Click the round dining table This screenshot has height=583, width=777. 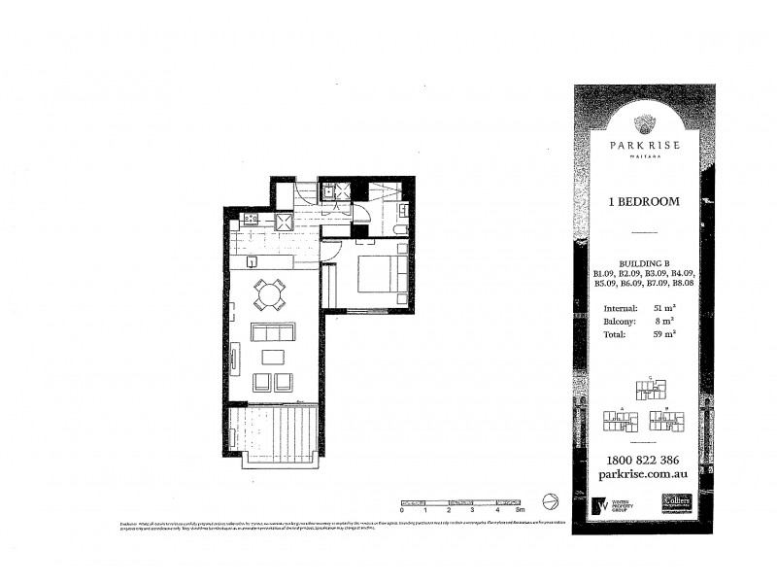click(x=269, y=292)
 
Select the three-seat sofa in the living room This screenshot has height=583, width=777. click(x=273, y=332)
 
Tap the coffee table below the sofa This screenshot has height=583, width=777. click(x=273, y=356)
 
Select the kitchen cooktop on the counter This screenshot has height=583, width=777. click(x=250, y=220)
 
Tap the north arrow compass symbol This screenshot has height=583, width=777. click(x=549, y=500)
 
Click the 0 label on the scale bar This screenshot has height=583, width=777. click(x=401, y=509)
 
